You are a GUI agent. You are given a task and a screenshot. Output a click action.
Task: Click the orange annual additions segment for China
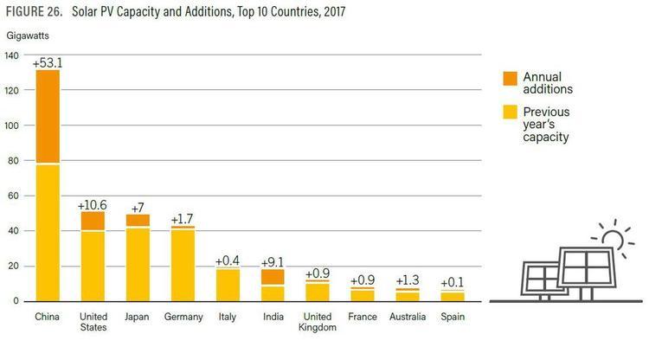48,116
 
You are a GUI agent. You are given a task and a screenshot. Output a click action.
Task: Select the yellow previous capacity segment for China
48,232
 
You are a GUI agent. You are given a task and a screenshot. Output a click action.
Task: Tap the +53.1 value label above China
48,62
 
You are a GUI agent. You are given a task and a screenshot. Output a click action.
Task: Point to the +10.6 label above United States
93,204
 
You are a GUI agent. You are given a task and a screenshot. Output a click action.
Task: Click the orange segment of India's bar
273,277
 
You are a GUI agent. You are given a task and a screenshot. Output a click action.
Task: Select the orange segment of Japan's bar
138,220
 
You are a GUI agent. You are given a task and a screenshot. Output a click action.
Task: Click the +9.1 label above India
273,262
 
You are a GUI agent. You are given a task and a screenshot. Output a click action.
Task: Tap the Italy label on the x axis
228,318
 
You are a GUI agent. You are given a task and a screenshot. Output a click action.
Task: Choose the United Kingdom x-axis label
318,323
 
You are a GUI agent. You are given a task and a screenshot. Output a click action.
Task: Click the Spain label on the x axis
453,318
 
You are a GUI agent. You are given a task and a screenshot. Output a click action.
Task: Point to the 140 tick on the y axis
11,55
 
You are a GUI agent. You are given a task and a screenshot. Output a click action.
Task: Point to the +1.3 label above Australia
408,280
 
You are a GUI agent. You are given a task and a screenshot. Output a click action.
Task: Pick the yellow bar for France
363,296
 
